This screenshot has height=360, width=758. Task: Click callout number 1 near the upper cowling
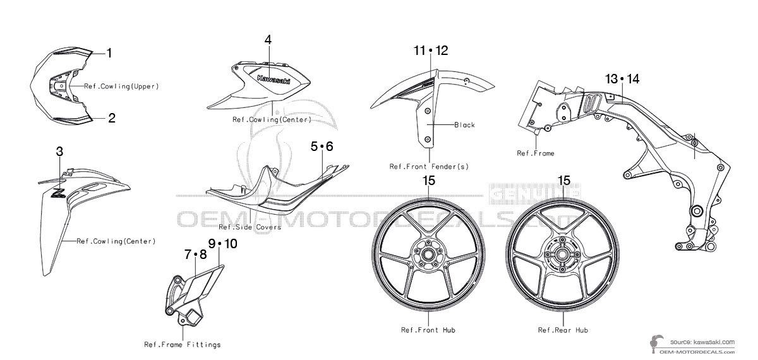tap(109, 53)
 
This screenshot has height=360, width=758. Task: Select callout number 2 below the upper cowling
tap(112, 118)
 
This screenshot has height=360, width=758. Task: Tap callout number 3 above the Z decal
tap(59, 152)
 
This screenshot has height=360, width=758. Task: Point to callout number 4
tap(268, 40)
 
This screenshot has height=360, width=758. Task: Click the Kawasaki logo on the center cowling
tap(274, 80)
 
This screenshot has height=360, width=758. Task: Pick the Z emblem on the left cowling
tap(58, 193)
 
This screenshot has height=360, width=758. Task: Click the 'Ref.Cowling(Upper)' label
tap(121, 87)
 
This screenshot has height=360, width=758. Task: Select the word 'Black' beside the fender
tap(465, 125)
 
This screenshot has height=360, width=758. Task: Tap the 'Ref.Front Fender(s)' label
tap(429, 167)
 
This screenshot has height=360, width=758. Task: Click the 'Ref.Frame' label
tap(536, 153)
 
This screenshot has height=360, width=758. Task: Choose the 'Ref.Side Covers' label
tap(250, 227)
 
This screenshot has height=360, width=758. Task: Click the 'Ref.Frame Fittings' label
tap(183, 345)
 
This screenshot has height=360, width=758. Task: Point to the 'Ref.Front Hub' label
tap(428, 330)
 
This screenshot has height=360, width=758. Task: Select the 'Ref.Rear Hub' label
tap(563, 330)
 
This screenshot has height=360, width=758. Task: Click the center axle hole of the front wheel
tap(428, 254)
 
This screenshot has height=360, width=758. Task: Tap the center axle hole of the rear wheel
tap(563, 254)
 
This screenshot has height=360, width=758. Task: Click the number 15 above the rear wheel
tap(563, 181)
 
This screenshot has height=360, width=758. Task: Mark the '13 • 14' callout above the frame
tap(622, 79)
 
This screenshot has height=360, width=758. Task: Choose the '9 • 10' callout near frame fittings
tap(222, 244)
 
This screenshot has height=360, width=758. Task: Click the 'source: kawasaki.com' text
tap(702, 342)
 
